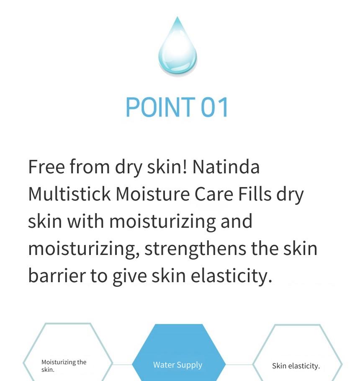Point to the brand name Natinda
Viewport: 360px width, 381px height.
226,167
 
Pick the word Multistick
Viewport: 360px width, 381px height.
69,194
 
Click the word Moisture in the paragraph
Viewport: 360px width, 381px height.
152,194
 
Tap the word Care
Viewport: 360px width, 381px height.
214,194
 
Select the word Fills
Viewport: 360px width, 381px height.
255,194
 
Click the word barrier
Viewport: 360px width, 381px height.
57,275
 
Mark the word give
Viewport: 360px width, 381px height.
129,276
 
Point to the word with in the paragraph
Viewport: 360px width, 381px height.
85,221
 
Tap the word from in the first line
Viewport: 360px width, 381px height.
90,167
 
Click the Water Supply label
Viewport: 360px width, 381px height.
177,365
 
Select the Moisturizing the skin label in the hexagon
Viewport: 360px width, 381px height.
64,366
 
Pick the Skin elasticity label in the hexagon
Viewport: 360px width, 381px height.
296,366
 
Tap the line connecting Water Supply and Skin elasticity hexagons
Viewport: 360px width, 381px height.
239,365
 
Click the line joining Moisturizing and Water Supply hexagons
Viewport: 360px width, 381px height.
122,365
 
